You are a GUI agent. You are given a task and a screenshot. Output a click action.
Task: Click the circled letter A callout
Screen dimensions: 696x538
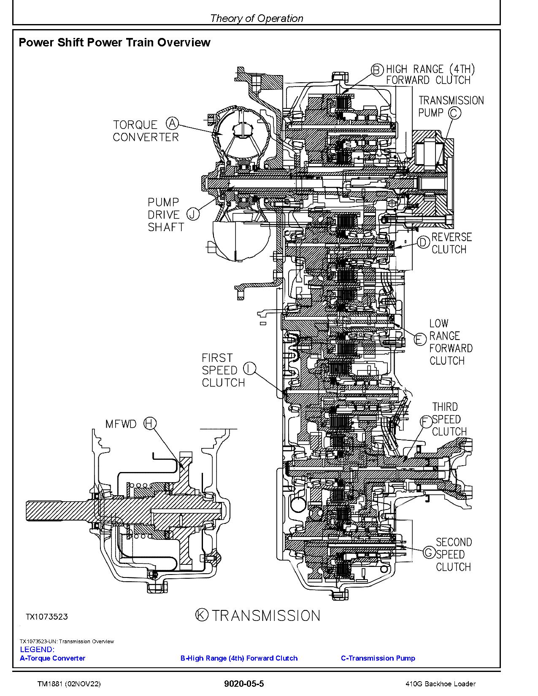pyautogui.click(x=172, y=123)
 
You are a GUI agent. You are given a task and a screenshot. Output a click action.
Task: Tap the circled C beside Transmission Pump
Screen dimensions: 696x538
pyautogui.click(x=454, y=113)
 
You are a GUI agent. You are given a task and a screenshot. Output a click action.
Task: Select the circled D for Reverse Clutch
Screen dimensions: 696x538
pyautogui.click(x=423, y=242)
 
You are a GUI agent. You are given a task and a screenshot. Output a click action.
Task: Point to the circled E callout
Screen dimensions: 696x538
pyautogui.click(x=420, y=339)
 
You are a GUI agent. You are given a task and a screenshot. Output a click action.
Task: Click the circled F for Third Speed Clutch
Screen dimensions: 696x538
pyautogui.click(x=426, y=421)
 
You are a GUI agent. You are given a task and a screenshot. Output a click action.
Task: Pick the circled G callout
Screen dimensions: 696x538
pyautogui.click(x=429, y=552)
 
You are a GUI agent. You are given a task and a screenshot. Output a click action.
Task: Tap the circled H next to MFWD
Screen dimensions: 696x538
pyautogui.click(x=150, y=423)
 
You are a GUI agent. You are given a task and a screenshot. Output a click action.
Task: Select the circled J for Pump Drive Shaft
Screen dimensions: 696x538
pyautogui.click(x=193, y=214)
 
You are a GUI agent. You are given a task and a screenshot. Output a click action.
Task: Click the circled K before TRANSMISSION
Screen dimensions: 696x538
pyautogui.click(x=202, y=615)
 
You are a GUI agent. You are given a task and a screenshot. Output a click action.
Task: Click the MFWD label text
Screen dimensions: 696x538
pyautogui.click(x=121, y=424)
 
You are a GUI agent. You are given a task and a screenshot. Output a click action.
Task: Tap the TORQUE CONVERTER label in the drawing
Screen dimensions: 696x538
pyautogui.click(x=146, y=131)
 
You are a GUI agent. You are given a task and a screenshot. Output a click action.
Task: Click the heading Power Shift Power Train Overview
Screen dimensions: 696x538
pyautogui.click(x=114, y=42)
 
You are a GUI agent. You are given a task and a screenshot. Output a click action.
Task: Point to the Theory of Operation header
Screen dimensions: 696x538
pyautogui.click(x=256, y=18)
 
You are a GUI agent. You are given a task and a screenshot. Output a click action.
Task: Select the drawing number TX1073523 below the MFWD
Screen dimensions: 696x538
pyautogui.click(x=46, y=617)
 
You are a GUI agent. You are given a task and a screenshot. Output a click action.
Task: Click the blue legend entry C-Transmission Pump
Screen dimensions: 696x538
pyautogui.click(x=378, y=658)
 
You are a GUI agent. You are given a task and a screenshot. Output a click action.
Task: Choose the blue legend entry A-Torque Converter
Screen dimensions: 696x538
pyautogui.click(x=52, y=658)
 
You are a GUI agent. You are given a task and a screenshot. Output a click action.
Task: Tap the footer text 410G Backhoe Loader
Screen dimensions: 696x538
pyautogui.click(x=439, y=684)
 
